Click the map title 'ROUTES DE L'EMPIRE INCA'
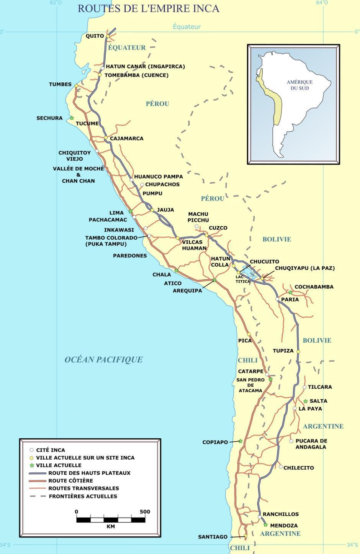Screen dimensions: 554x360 point(149,8)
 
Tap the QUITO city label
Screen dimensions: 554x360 point(95,36)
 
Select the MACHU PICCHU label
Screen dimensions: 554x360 point(198,217)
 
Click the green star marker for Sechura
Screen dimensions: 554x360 point(72,118)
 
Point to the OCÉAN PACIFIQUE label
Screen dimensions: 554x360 point(103,359)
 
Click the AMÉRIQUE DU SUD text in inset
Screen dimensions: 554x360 point(299,85)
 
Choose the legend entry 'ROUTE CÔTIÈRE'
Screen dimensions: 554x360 point(70,480)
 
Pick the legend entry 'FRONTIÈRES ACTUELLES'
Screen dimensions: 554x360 point(83,496)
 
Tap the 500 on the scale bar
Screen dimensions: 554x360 point(145,511)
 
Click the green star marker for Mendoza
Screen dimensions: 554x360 point(265,525)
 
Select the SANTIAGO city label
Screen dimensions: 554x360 point(213,537)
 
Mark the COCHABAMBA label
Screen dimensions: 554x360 point(314,287)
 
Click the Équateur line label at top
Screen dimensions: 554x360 point(187,26)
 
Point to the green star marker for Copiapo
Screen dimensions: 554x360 point(241,441)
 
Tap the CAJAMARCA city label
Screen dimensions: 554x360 point(126,138)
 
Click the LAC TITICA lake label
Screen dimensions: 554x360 point(243,279)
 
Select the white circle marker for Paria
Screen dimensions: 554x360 point(277,299)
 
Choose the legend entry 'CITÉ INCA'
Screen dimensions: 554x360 point(50,450)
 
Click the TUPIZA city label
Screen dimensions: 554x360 point(283,351)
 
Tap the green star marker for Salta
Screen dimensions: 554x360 point(305,401)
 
